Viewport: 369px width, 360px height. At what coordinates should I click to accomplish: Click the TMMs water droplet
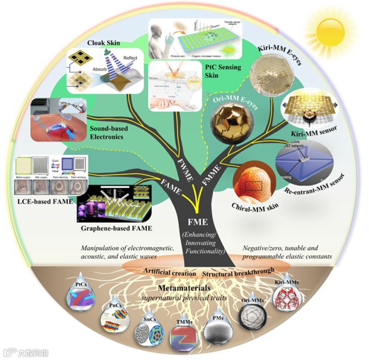[x=183, y=337]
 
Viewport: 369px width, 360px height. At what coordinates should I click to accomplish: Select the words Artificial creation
[x=170, y=272]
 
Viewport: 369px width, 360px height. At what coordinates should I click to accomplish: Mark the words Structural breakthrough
[x=238, y=272]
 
